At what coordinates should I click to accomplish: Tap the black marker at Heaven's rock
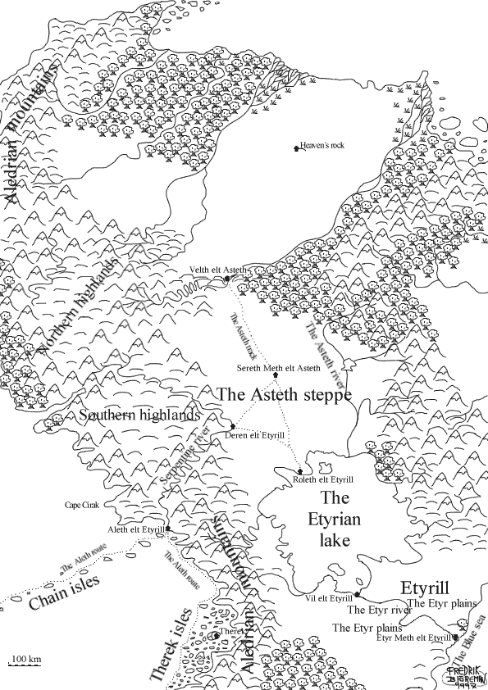297,148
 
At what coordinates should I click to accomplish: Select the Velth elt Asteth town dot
226,280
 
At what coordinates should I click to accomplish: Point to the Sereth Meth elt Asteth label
278,369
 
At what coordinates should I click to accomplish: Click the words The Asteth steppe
283,395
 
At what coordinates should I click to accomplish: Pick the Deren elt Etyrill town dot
233,426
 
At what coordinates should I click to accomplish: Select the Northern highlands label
79,309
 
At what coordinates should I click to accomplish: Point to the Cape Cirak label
82,506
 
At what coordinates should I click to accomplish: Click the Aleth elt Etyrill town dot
168,529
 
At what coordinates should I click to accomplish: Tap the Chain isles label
64,592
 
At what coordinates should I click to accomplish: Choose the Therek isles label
171,644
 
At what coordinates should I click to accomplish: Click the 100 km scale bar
25,663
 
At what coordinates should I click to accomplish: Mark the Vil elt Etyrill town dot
358,594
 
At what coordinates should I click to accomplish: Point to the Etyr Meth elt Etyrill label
413,638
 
